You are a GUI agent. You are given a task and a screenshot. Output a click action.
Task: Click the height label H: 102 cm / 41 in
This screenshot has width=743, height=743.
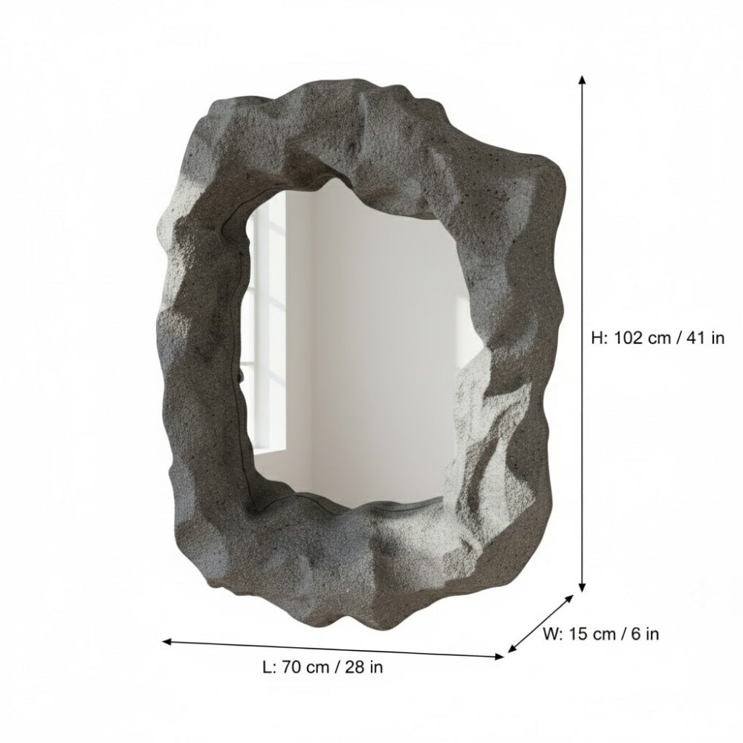tap(658, 338)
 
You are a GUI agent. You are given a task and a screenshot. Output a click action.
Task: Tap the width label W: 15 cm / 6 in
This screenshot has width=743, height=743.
tap(600, 634)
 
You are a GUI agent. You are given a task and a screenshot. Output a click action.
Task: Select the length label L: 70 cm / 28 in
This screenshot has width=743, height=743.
tap(323, 667)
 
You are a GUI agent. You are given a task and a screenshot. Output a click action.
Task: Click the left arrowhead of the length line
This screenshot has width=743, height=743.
tap(167, 640)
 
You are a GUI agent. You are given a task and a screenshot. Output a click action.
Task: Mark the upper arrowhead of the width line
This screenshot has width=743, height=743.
tap(571, 597)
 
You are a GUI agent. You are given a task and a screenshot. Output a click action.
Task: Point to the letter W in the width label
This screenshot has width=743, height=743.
tap(551, 634)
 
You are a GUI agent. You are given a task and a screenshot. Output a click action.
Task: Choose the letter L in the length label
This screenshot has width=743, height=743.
tap(267, 667)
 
